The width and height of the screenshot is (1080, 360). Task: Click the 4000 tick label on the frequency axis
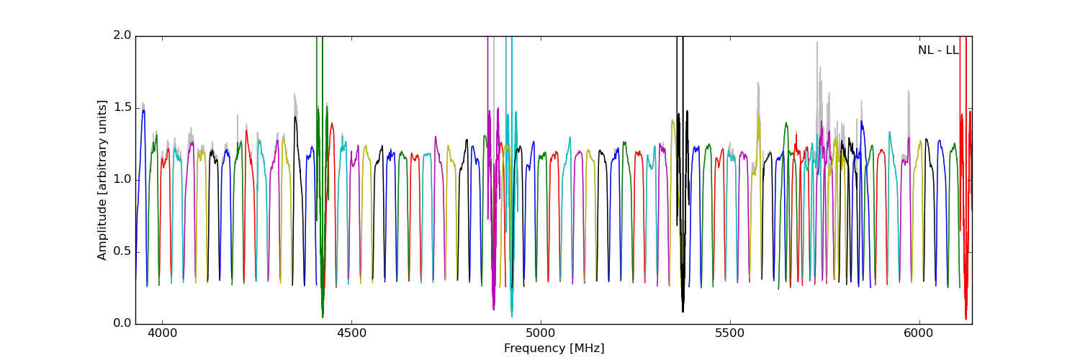pos(162,334)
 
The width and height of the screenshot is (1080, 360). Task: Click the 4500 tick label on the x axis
pos(351,334)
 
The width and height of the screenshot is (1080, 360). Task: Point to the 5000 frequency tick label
pos(541,334)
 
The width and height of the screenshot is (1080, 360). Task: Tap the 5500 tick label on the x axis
pos(730,334)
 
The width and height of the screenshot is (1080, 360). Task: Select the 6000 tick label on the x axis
pos(919,334)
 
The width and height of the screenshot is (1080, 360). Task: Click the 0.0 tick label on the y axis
pos(122,323)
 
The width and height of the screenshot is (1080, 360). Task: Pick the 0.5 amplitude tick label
pos(122,251)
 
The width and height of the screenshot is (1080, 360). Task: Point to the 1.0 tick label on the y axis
pos(122,179)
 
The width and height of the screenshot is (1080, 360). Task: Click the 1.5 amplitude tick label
pos(122,107)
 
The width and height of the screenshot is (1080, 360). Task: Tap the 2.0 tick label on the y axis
pos(122,35)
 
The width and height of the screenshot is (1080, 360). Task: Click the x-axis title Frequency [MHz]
pos(554,348)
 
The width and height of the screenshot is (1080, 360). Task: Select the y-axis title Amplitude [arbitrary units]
pos(102,180)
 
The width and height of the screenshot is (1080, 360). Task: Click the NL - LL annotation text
pos(937,50)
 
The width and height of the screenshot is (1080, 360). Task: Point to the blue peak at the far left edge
pos(143,110)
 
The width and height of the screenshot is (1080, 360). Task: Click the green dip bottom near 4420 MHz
pos(323,316)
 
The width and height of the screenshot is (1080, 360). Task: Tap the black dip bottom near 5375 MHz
pos(683,311)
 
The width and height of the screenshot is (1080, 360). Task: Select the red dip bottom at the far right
pos(966,318)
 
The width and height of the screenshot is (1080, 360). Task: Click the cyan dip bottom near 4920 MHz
pos(512,315)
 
